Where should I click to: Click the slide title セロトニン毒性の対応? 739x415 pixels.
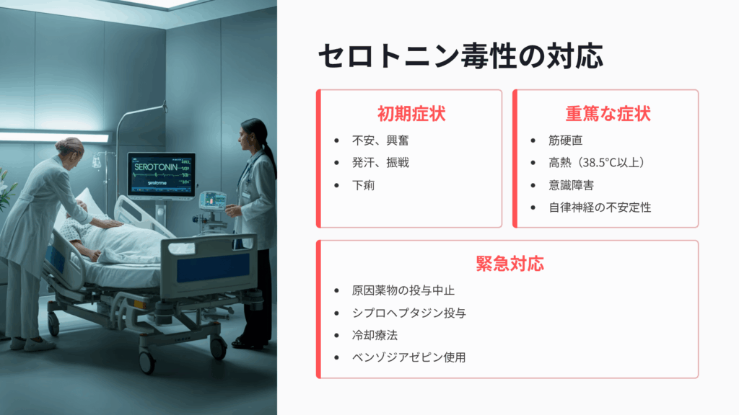tap(460, 56)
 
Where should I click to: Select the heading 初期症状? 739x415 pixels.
tap(411, 114)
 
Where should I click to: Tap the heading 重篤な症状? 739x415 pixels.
tap(608, 114)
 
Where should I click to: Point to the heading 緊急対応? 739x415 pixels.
tap(510, 264)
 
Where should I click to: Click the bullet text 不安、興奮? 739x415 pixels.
tap(380, 140)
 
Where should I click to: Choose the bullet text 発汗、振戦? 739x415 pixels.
tap(380, 163)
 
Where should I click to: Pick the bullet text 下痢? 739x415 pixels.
tap(364, 185)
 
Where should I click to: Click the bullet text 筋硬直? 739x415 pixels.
tap(566, 140)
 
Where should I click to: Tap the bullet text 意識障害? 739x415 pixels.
tap(572, 185)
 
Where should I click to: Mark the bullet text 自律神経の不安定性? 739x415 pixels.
tap(600, 207)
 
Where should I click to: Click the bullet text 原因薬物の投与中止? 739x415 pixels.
tap(403, 291)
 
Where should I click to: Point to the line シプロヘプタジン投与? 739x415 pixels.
tap(409, 313)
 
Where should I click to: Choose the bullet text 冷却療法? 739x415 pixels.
tap(375, 336)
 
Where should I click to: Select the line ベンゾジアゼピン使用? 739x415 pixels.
tap(409, 357)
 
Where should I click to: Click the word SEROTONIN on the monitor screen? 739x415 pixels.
tap(156, 167)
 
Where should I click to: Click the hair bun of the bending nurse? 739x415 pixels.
tap(64, 143)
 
